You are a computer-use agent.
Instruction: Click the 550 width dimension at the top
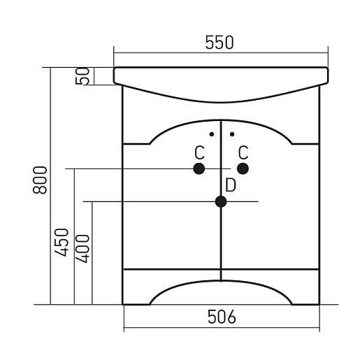[x=219, y=43]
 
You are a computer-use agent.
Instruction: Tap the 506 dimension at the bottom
[x=222, y=317]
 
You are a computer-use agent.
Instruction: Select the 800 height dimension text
[x=40, y=180]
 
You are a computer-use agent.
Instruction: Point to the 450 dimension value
[x=62, y=243]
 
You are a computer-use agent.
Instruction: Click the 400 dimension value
[x=82, y=249]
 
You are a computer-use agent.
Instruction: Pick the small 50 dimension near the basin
[x=82, y=76]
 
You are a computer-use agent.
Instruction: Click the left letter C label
[x=199, y=152]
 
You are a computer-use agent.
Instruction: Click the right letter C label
[x=243, y=152]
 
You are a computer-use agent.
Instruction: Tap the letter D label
[x=231, y=185]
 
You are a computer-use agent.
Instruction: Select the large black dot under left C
[x=199, y=168]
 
